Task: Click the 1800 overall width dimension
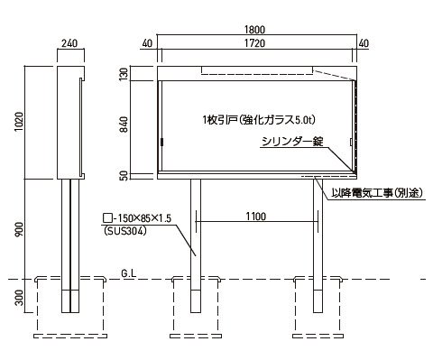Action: click(254, 30)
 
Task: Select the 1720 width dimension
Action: click(254, 43)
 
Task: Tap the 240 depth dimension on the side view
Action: click(69, 43)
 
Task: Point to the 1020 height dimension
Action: click(19, 122)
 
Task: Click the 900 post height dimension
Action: click(19, 229)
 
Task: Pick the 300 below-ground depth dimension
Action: click(19, 297)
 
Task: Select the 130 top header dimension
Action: click(124, 75)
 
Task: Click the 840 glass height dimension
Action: click(124, 125)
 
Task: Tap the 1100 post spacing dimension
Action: click(256, 217)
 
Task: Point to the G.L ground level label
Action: click(129, 273)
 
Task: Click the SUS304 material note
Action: click(124, 231)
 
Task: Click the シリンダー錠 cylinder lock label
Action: click(292, 142)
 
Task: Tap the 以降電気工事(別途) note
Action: click(377, 193)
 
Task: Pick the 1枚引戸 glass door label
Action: click(259, 120)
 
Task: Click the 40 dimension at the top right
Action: click(364, 43)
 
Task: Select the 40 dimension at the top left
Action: click(147, 43)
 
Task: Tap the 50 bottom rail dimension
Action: click(124, 176)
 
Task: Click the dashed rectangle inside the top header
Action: click(257, 70)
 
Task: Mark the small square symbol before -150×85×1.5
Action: click(106, 217)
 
